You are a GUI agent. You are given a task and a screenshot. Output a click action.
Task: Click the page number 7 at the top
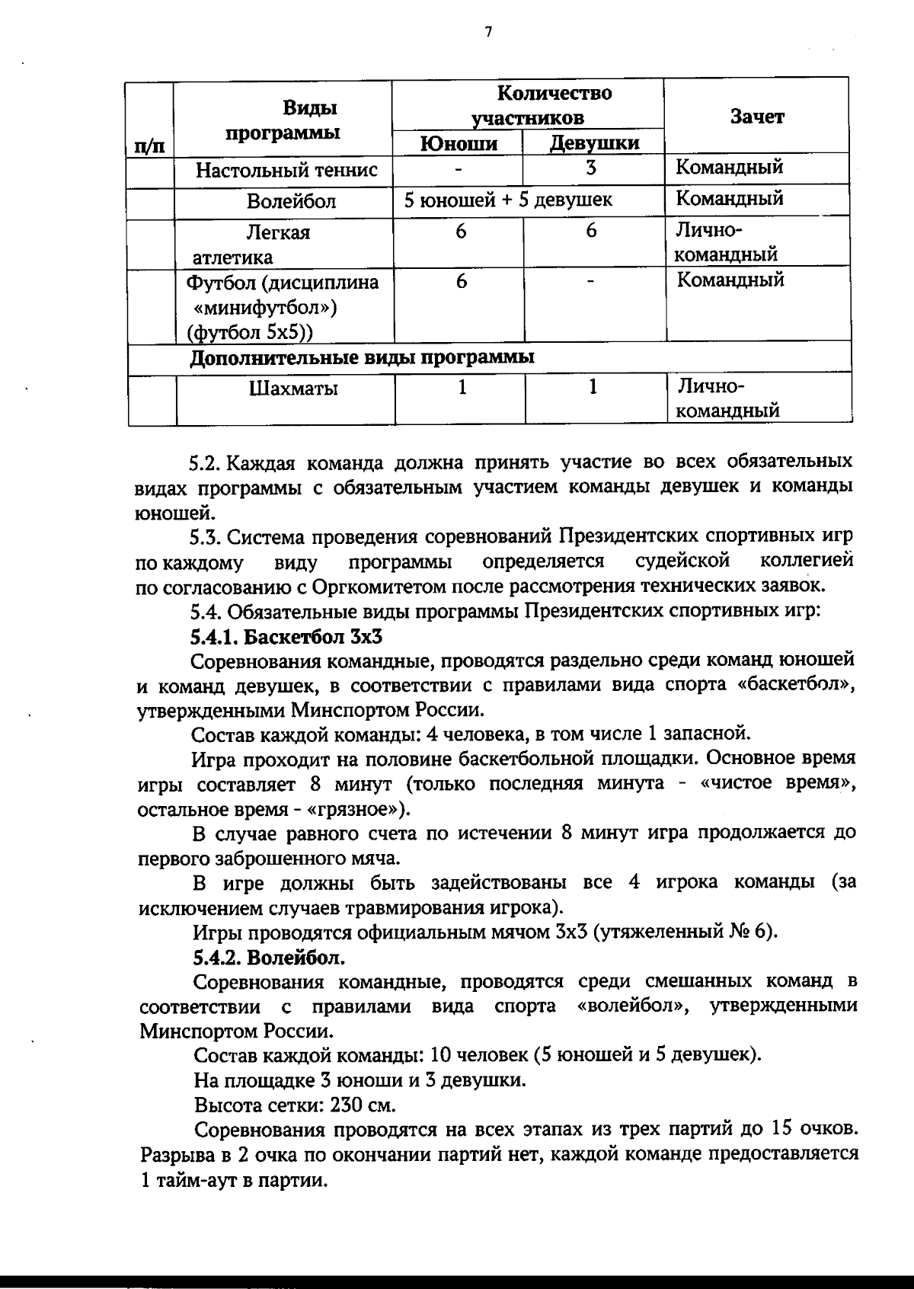(488, 31)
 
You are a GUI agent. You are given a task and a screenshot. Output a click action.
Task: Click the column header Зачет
(756, 117)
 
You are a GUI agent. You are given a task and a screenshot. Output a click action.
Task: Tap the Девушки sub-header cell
(594, 143)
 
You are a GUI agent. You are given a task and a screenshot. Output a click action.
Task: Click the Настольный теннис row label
(286, 170)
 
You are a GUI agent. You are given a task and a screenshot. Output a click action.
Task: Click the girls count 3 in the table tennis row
(591, 168)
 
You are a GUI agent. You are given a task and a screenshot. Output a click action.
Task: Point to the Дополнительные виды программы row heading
(361, 357)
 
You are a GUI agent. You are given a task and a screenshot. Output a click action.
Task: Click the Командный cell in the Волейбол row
(730, 199)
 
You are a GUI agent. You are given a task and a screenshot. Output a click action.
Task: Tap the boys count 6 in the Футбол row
(461, 281)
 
